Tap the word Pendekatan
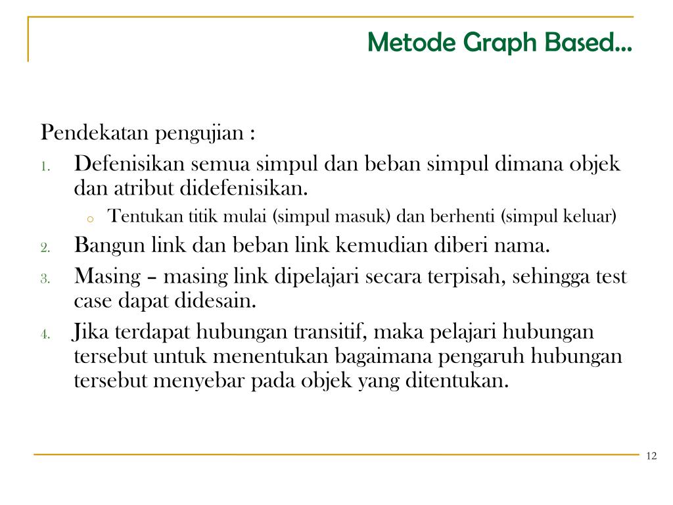click(x=97, y=133)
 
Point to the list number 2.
click(x=45, y=249)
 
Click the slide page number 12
click(x=651, y=457)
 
